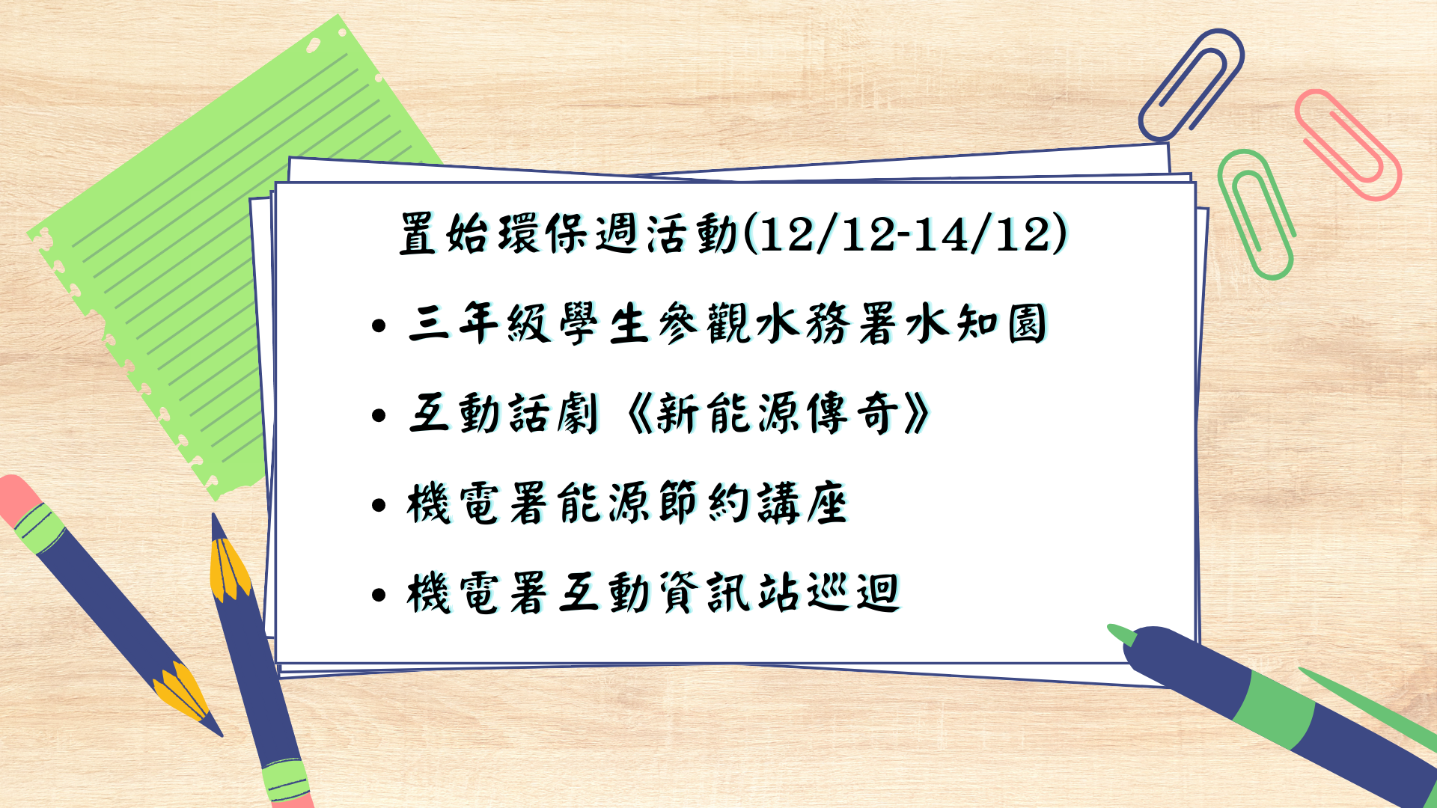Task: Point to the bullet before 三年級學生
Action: tap(379, 326)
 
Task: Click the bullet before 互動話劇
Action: tap(379, 416)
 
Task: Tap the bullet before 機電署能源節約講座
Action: tap(379, 506)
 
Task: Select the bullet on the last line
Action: tap(379, 596)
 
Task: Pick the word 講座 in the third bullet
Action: tap(802, 503)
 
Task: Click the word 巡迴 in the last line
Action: tap(853, 593)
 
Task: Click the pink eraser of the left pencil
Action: tap(18, 497)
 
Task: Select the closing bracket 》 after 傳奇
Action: tap(916, 413)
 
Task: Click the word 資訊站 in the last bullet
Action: tap(730, 593)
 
